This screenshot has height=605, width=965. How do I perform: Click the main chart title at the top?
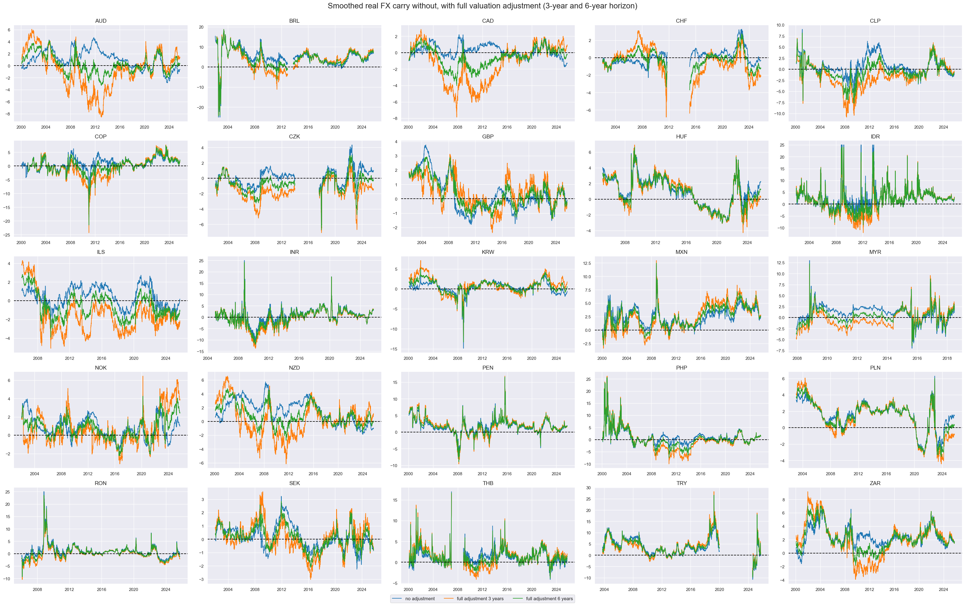point(482,6)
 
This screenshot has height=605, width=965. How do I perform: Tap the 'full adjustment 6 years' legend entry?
point(549,599)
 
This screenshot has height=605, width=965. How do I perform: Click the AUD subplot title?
point(100,21)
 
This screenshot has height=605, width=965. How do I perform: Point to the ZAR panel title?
point(875,483)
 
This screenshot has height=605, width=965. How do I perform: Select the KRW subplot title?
point(488,252)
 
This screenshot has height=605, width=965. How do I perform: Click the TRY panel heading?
point(681,483)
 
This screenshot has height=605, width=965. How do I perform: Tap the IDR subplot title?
point(875,136)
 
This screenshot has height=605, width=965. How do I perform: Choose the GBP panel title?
point(488,136)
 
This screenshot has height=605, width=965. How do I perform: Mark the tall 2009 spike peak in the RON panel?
point(44,492)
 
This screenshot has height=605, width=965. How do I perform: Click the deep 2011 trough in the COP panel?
point(89,233)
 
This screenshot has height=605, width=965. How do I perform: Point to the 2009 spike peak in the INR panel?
point(244,261)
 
